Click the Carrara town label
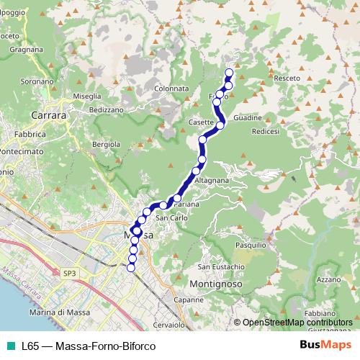(48, 114)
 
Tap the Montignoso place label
(217, 284)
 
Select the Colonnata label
(171, 89)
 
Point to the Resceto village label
(287, 77)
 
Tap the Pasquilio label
(250, 246)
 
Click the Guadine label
(267, 116)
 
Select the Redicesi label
(266, 132)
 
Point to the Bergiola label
(107, 145)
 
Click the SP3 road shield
(69, 274)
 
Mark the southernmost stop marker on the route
(130, 268)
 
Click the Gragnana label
(27, 50)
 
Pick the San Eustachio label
(222, 267)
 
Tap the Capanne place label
(189, 300)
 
